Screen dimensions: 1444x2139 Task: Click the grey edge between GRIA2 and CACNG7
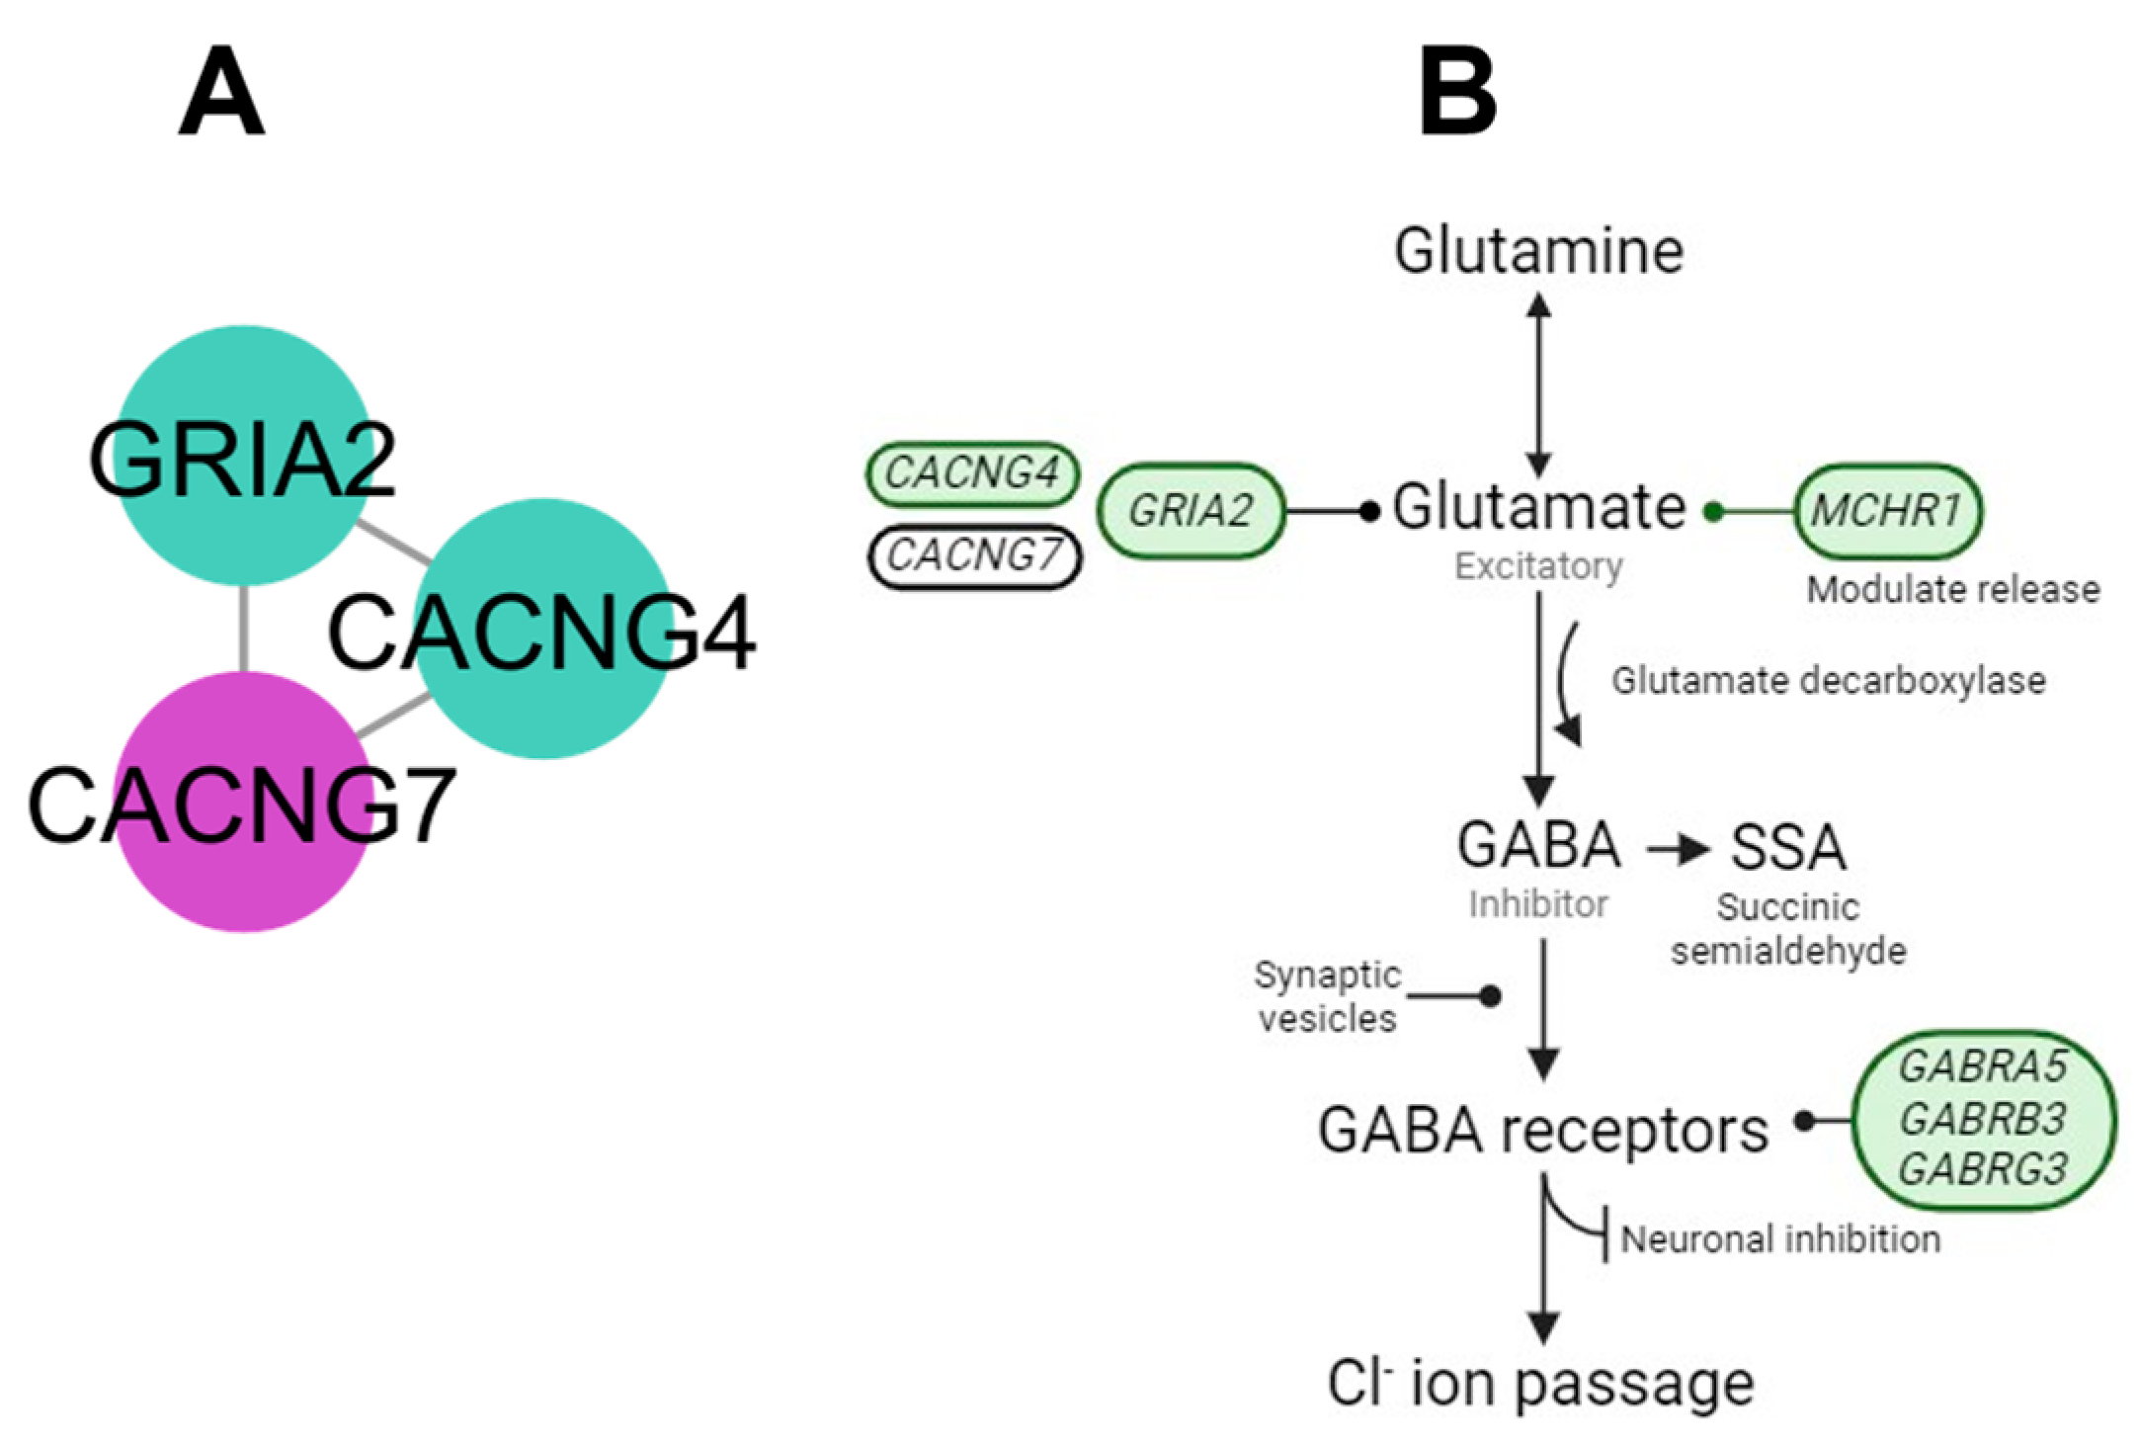click(243, 629)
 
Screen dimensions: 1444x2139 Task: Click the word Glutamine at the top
click(1538, 251)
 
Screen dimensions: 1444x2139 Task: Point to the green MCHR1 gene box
click(1886, 511)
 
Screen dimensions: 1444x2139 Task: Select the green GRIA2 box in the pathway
click(1191, 511)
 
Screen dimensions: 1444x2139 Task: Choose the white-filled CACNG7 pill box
click(974, 556)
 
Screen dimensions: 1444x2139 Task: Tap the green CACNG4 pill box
click(972, 473)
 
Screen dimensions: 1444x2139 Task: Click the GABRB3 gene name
click(1982, 1119)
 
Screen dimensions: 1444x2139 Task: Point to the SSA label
click(1787, 847)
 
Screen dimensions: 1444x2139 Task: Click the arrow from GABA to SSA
click(1677, 849)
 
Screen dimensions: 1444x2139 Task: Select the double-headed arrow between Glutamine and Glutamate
click(1538, 385)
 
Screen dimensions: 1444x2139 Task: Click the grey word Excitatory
click(1538, 566)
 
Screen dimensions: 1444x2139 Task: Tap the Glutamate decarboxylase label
click(1828, 681)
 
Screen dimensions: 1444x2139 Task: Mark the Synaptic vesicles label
click(1327, 996)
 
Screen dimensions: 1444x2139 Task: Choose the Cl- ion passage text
click(1540, 1384)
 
